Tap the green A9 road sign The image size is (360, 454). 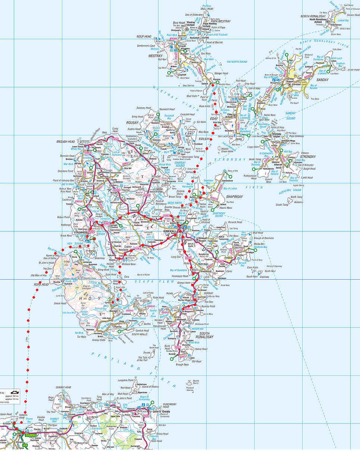(x=25, y=445)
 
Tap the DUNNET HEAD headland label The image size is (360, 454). (x=63, y=388)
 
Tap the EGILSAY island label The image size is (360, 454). (x=205, y=139)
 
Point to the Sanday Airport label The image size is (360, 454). (x=291, y=80)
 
